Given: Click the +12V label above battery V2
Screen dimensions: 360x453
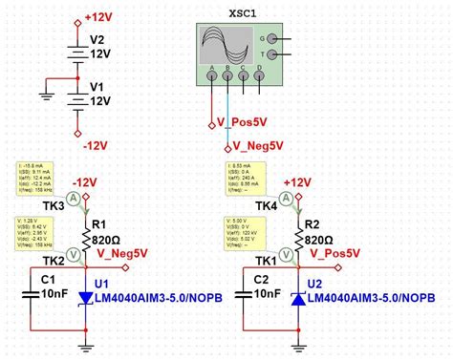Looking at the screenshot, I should click(x=98, y=17).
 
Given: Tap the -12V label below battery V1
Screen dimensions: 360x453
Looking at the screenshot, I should click(x=94, y=146).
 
